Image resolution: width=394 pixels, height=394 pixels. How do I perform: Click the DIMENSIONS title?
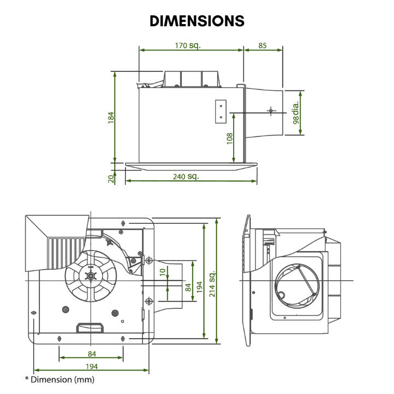197,21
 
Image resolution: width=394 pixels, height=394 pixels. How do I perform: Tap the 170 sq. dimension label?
187,45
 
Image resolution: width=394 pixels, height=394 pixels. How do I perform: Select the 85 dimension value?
263,45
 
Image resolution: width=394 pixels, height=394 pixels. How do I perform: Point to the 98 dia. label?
296,113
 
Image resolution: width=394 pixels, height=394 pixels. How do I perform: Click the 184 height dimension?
111,117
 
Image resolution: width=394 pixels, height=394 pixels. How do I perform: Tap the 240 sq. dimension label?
186,177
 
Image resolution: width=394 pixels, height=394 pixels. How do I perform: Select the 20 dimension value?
111,178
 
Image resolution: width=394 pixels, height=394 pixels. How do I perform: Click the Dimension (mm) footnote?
60,379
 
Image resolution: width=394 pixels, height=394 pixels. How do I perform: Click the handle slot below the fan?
89,327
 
